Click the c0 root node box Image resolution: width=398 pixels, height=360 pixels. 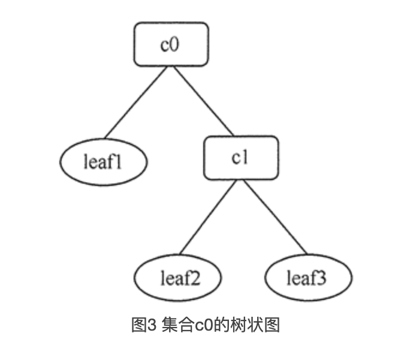click(171, 44)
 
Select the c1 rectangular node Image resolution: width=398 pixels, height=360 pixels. click(240, 158)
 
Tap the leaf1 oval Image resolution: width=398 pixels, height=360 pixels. click(103, 162)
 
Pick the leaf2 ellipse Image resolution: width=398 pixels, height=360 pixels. click(177, 278)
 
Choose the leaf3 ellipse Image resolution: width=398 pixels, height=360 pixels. click(307, 278)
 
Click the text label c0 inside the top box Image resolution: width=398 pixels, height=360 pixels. click(171, 44)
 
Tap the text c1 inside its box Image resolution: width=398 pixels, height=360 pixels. click(240, 158)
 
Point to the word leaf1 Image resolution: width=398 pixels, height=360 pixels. click(103, 162)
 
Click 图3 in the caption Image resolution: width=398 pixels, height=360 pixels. click(144, 325)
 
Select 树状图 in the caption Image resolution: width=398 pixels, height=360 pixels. click(252, 325)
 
